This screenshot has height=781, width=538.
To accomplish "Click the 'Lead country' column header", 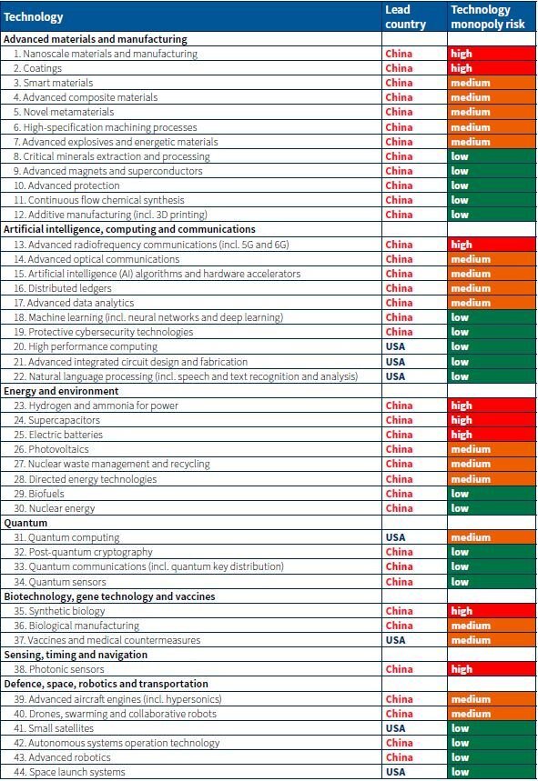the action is (x=405, y=17).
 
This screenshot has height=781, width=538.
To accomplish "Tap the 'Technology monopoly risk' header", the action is (x=488, y=17).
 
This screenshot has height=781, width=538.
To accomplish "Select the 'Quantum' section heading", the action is (x=25, y=523).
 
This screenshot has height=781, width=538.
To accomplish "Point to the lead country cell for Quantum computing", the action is (x=395, y=537).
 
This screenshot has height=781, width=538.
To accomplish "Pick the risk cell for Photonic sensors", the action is (x=492, y=669).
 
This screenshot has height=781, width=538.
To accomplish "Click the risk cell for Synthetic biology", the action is (x=492, y=611).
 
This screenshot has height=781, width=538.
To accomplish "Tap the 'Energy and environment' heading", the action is (x=61, y=391).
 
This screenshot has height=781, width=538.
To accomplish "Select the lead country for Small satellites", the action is (x=395, y=728).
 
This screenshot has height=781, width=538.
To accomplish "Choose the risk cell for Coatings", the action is (x=492, y=68).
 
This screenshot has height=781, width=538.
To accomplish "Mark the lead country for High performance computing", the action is (x=395, y=346).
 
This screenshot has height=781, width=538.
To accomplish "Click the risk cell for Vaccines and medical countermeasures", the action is (x=492, y=640).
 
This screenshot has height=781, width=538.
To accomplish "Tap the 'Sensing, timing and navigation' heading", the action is (x=76, y=655).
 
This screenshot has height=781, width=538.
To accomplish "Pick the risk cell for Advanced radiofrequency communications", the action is (x=492, y=245).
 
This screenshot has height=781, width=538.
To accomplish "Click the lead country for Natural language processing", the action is (x=395, y=376).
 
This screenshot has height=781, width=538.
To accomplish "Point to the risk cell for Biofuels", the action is (x=492, y=494).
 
